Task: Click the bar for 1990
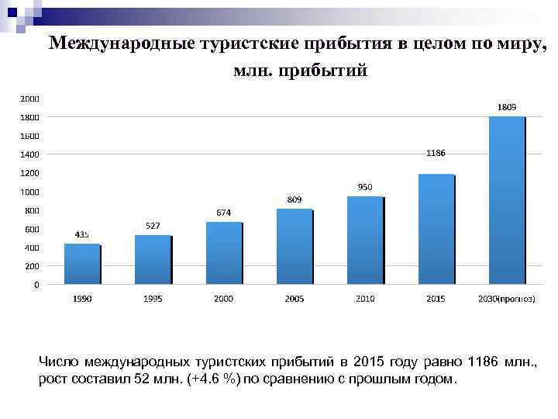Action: coord(82,264)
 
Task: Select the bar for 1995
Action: coord(153,260)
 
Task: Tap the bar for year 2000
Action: coord(223,253)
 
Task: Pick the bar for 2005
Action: coord(294,247)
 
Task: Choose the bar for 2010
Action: coord(365,240)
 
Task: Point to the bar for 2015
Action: coord(436,229)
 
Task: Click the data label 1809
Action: coord(507,107)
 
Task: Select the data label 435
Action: coord(82,234)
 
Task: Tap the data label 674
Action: coord(223,213)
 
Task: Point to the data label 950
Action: coord(365,187)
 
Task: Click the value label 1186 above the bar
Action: coord(436,154)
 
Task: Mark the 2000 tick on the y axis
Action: coord(30,99)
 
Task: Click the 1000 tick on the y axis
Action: coord(30,192)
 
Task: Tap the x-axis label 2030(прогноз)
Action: coord(506,299)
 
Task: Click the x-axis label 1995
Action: coord(153,299)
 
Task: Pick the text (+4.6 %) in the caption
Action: coord(211,379)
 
